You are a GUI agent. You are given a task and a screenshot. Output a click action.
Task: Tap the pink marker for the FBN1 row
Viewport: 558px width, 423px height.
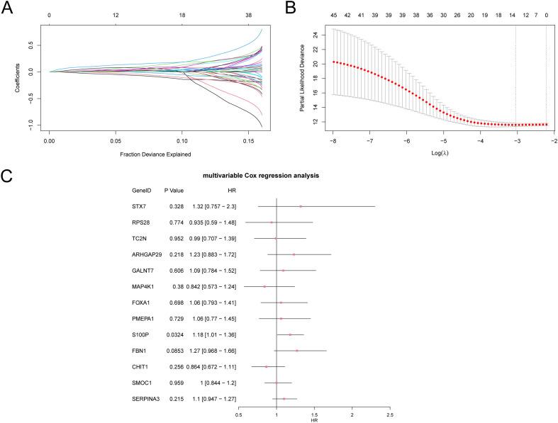tap(297, 350)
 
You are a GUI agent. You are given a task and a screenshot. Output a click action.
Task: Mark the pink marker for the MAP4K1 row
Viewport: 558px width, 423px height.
tap(264, 286)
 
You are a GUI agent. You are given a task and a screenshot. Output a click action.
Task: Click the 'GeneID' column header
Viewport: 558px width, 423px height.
tap(142, 191)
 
